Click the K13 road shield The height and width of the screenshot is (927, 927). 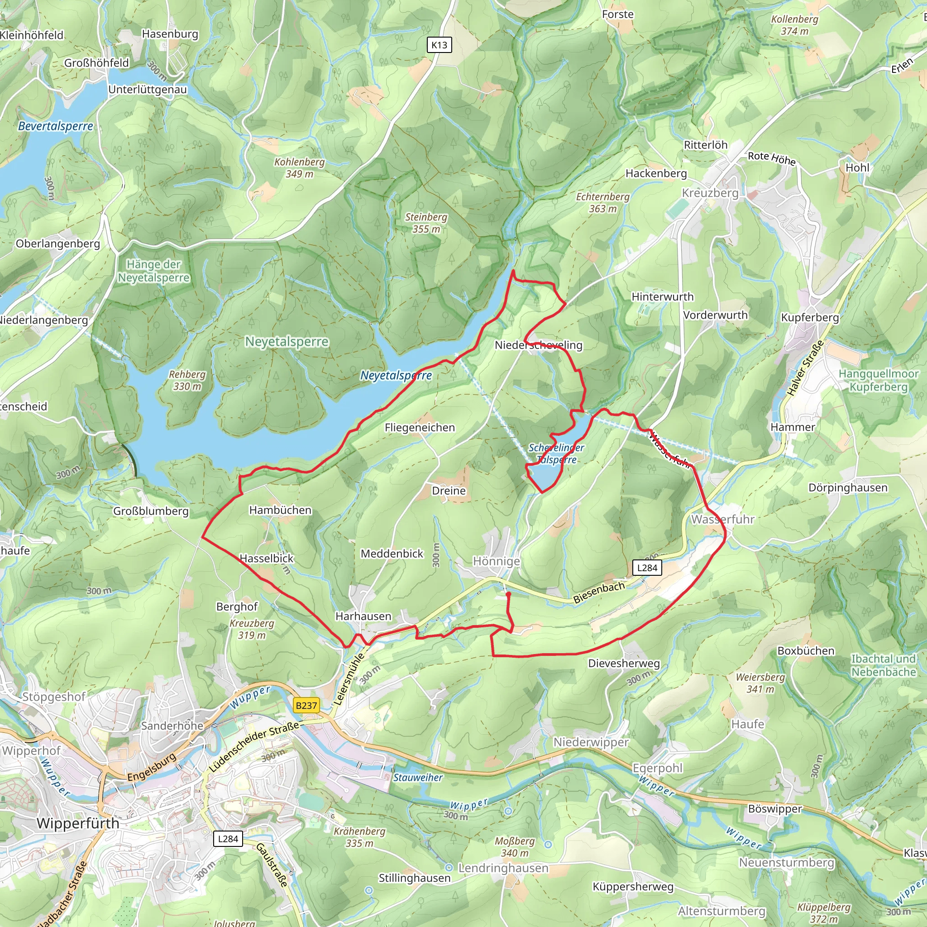click(x=439, y=45)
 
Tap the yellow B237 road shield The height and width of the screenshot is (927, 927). click(x=306, y=705)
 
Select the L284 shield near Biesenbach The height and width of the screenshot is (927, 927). click(x=647, y=568)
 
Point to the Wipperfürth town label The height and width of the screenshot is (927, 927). click(x=78, y=823)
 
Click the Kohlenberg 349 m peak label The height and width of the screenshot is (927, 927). click(x=299, y=168)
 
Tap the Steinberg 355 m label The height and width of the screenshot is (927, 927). click(x=426, y=223)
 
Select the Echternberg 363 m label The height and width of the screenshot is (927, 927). click(x=602, y=202)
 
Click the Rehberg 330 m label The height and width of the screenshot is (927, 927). click(x=187, y=380)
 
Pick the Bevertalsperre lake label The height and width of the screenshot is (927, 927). click(x=56, y=126)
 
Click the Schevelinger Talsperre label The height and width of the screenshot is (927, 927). click(x=556, y=454)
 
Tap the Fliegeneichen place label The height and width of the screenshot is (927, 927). click(x=420, y=427)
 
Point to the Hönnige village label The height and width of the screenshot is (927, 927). click(x=496, y=561)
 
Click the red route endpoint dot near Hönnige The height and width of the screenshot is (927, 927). click(x=508, y=594)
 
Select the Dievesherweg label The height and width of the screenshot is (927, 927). click(x=624, y=663)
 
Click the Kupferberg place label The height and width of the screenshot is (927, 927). click(x=810, y=318)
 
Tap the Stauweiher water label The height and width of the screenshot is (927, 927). click(x=418, y=778)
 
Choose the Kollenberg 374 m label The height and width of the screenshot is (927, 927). click(x=794, y=25)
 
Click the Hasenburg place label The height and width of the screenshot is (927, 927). click(x=170, y=34)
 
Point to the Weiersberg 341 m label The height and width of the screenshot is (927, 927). click(x=760, y=683)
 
